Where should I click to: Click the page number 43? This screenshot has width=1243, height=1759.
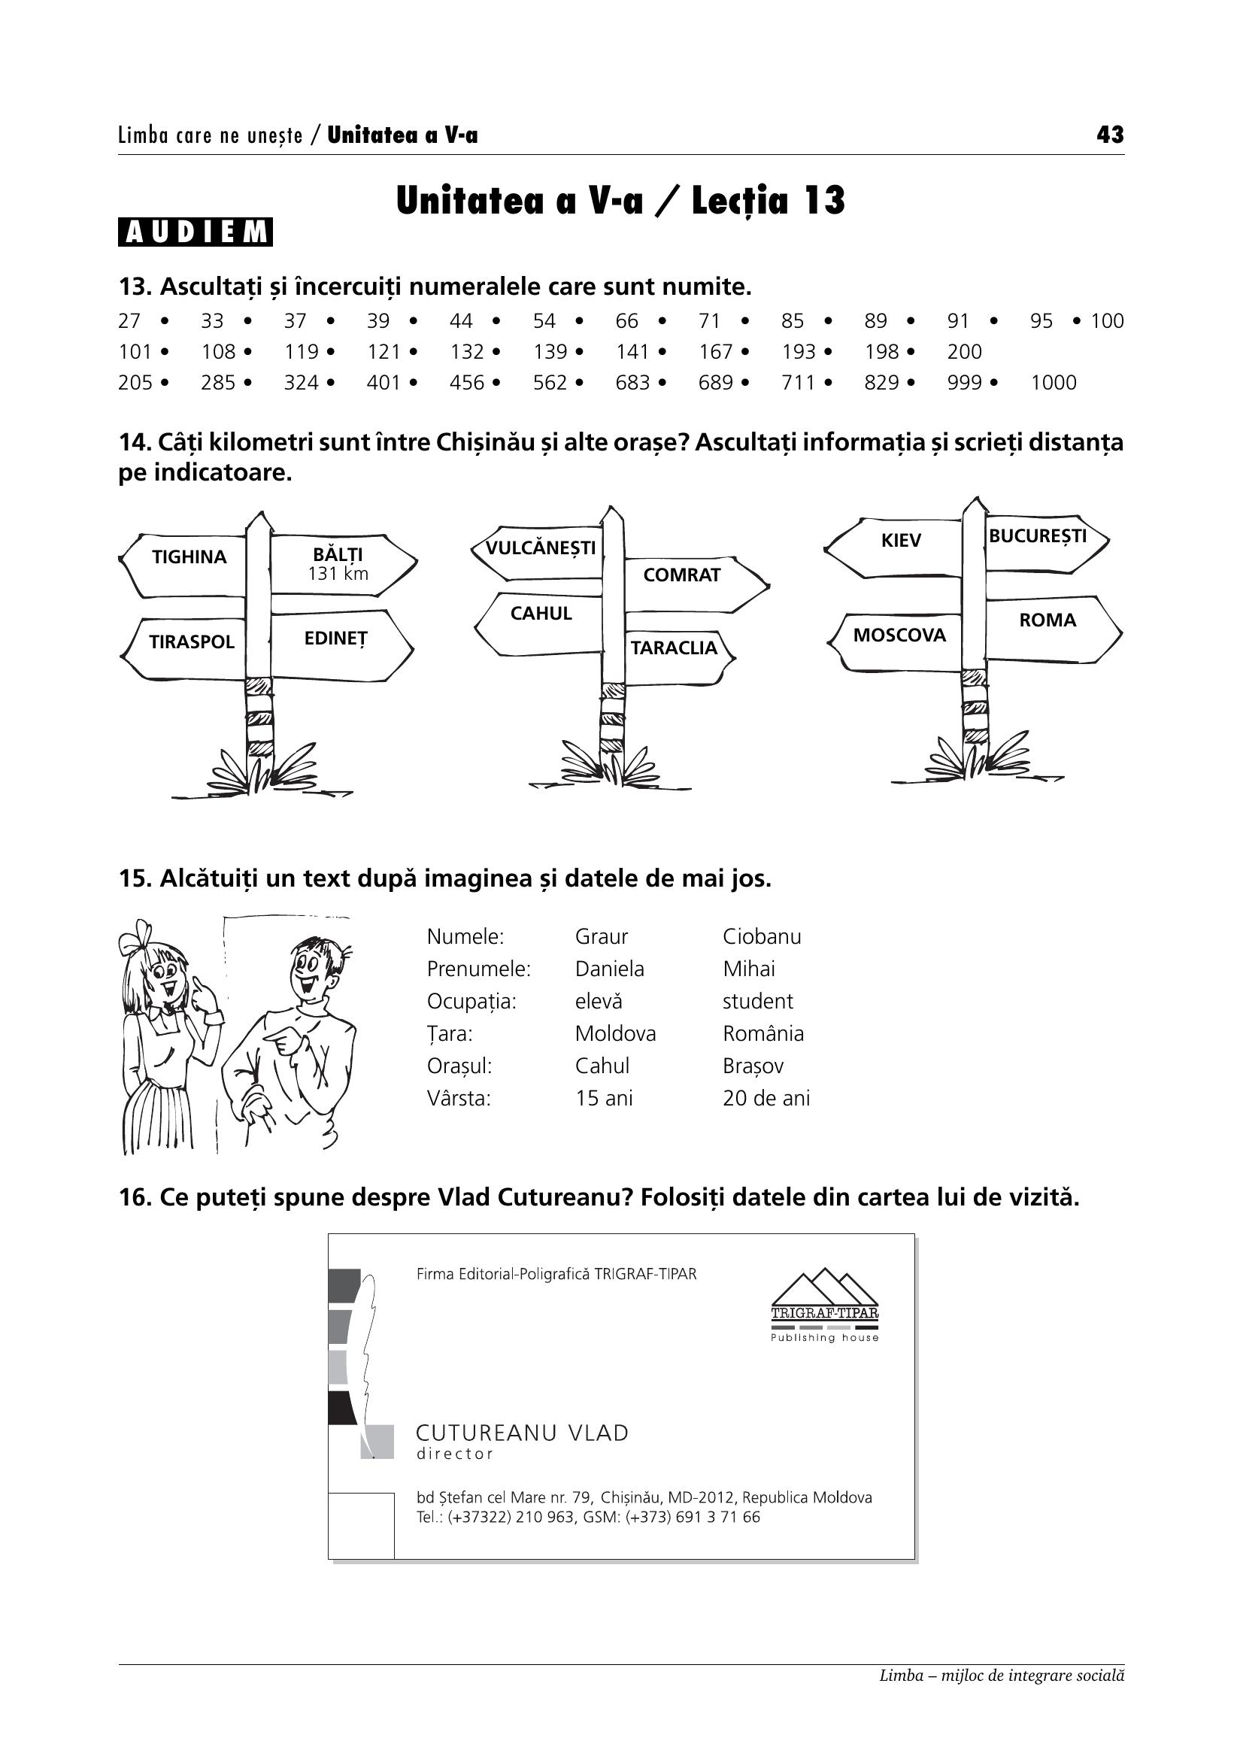tap(1110, 135)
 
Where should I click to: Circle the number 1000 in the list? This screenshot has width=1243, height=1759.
tap(1053, 382)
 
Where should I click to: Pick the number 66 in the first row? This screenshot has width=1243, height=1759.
tap(626, 321)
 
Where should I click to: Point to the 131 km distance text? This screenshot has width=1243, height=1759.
tap(338, 574)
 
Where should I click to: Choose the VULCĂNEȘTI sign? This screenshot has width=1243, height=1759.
tap(539, 550)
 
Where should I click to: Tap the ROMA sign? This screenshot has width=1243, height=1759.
tap(1052, 629)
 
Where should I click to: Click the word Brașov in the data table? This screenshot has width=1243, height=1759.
tap(753, 1066)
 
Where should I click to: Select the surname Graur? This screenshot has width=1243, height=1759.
tap(602, 937)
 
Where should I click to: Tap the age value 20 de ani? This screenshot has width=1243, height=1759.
tap(766, 1099)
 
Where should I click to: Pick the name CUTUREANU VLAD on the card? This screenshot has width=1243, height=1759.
tap(522, 1433)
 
